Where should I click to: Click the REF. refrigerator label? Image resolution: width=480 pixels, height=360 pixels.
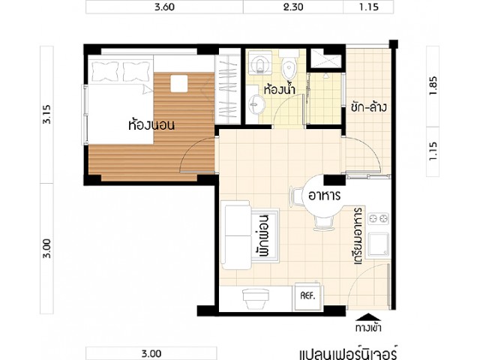click(x=307, y=296)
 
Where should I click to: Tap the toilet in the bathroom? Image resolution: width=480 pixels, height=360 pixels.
click(x=289, y=65)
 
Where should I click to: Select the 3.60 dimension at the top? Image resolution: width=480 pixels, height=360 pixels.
click(x=164, y=7)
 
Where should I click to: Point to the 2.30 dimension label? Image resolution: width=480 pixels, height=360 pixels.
click(x=293, y=7)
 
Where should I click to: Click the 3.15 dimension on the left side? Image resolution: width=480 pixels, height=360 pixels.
click(x=47, y=114)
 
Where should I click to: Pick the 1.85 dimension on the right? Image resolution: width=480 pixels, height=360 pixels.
click(x=433, y=85)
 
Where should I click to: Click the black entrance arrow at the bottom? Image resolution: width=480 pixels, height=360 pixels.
click(x=369, y=316)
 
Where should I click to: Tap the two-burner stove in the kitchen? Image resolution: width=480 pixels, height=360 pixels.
click(x=378, y=218)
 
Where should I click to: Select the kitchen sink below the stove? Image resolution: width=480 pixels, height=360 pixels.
click(x=379, y=244)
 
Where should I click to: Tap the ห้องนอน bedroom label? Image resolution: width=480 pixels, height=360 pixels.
click(x=151, y=125)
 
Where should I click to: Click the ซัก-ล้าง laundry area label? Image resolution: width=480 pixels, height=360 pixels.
click(x=369, y=107)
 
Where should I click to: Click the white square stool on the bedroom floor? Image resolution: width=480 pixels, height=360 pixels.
click(x=179, y=83)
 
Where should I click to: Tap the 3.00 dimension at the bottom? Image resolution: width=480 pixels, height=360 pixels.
click(x=151, y=354)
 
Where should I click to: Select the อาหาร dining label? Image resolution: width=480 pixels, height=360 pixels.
click(x=324, y=196)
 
